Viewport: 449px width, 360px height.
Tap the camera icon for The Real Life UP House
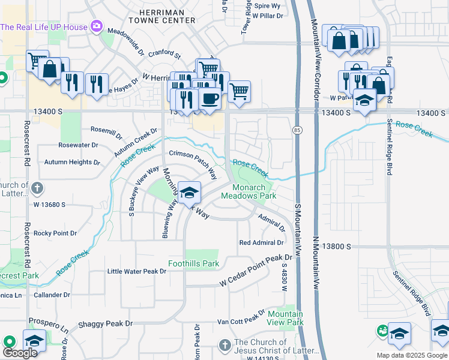96,26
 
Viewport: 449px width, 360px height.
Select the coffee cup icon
209,98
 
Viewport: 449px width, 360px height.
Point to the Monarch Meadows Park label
249,191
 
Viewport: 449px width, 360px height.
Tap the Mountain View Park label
285,318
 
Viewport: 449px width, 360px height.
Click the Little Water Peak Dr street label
136,271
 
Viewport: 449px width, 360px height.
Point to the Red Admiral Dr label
261,242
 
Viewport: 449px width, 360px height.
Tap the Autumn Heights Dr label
72,162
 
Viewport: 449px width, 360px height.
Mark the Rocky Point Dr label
55,233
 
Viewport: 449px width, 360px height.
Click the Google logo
20,353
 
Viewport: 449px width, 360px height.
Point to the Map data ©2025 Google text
411,355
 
